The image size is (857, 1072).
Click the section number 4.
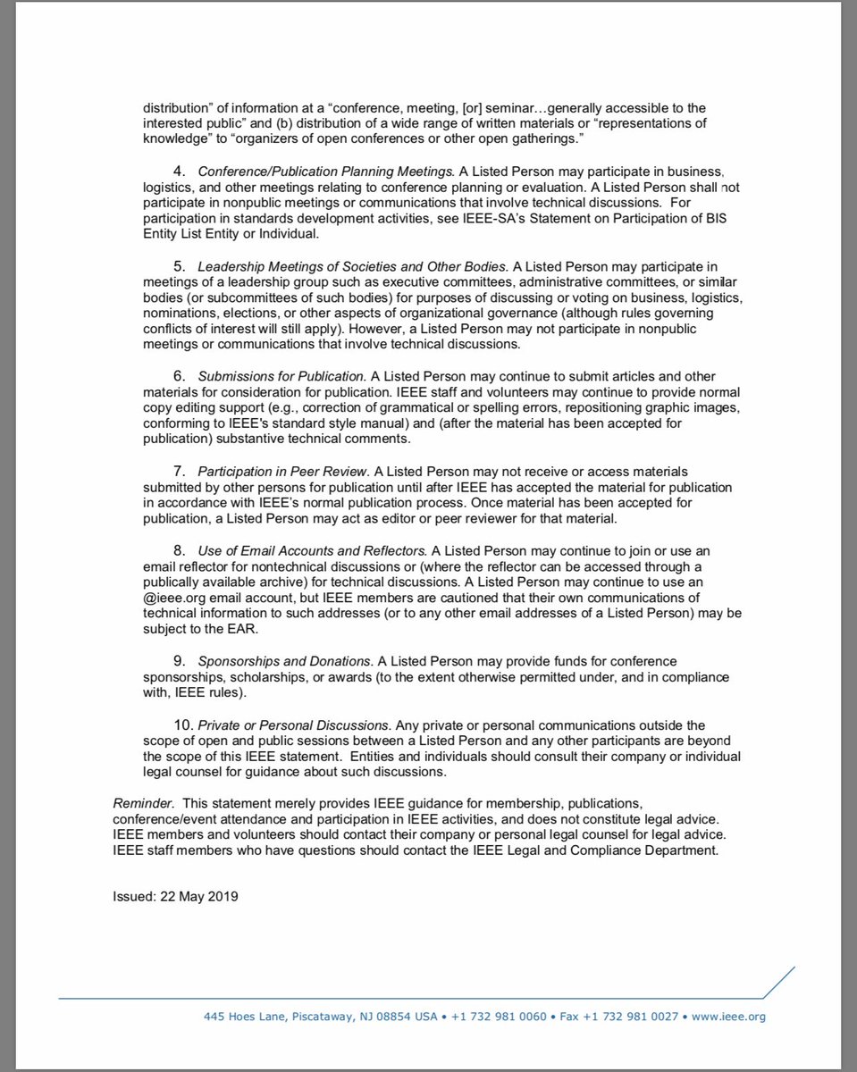[178, 171]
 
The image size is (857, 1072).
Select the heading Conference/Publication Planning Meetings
[326, 171]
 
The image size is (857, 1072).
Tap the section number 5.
[178, 266]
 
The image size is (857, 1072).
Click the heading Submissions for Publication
[281, 376]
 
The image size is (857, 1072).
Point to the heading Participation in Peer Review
[282, 471]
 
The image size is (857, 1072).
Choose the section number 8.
[178, 551]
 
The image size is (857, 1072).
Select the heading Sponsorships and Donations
[284, 660]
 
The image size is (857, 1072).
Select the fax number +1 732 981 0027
[635, 1016]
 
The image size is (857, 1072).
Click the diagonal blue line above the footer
[778, 982]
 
